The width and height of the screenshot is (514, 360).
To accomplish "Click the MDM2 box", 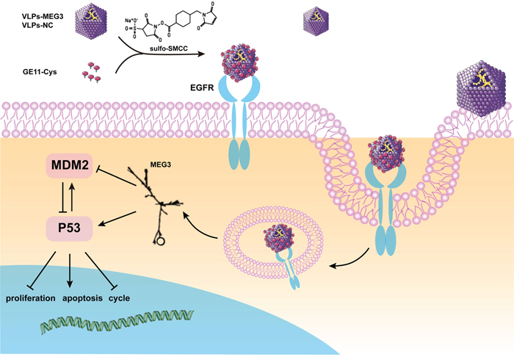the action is coord(70,165).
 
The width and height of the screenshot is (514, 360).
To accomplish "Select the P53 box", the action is coord(69,228).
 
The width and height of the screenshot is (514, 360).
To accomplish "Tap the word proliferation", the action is coord(31,298).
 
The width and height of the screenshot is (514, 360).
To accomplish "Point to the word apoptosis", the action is coord(82,298).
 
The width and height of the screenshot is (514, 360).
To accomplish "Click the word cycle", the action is coord(119,298).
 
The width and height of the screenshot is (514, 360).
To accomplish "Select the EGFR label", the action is coord(202,87).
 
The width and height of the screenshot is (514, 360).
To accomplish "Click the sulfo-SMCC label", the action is coord(168,48).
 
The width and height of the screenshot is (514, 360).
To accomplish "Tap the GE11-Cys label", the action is coord(40,72).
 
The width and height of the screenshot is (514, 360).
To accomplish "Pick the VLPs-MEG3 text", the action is coord(43,17).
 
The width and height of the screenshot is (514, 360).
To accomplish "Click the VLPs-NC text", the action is coord(37,25).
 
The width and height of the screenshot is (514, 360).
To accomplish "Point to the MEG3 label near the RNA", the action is coord(161,165).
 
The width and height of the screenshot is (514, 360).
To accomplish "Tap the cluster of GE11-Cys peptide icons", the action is coord(91,72).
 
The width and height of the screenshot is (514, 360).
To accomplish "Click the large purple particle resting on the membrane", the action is coord(480,88).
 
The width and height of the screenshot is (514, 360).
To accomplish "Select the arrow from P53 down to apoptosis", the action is coord(69,271).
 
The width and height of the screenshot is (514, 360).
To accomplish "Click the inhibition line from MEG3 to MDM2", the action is coord(116,178).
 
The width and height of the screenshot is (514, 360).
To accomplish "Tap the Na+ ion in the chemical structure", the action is coord(128,21).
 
